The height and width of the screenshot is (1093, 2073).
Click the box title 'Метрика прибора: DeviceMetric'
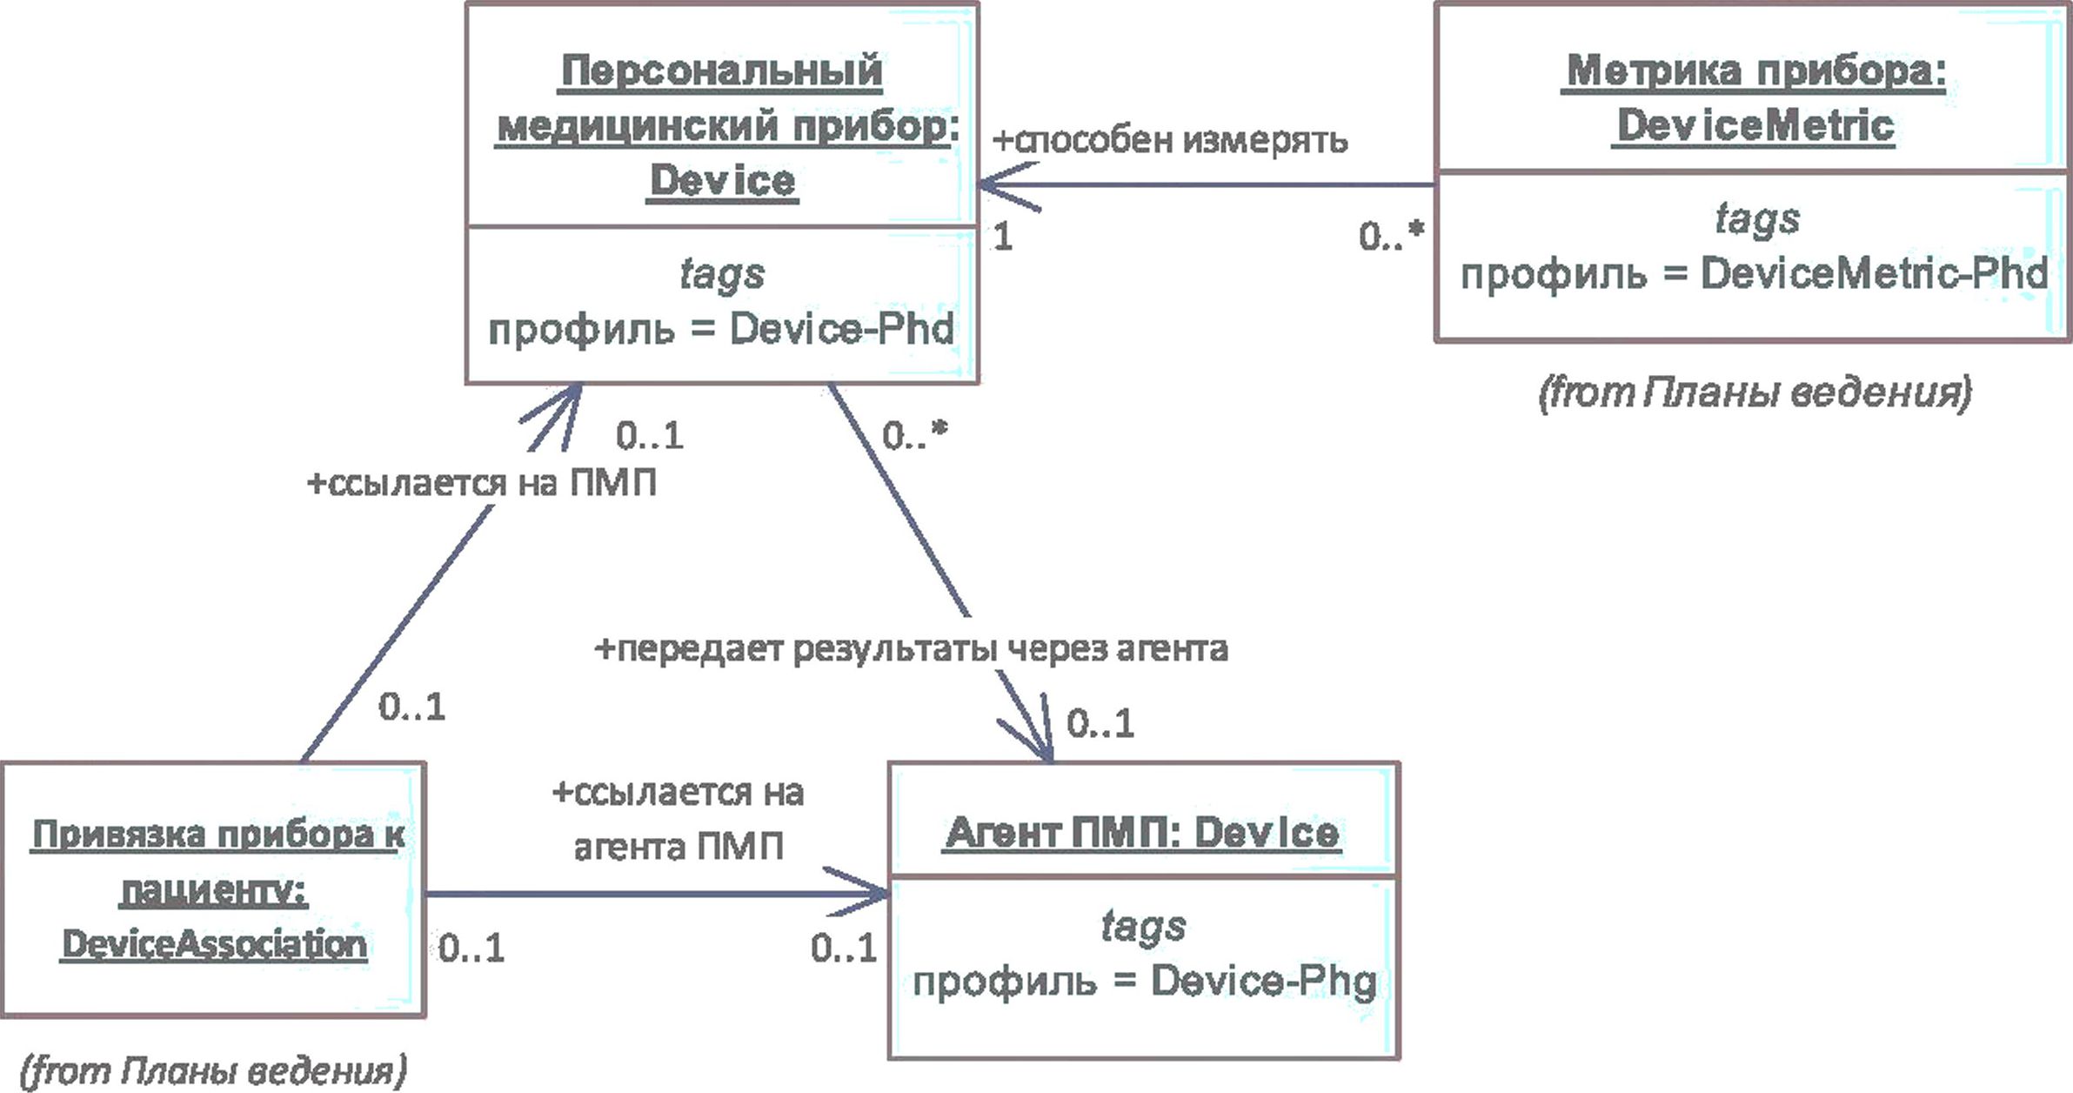(x=1755, y=97)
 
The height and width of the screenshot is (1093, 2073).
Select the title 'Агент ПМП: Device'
(x=1142, y=833)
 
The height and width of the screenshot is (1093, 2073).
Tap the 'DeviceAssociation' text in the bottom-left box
(x=214, y=944)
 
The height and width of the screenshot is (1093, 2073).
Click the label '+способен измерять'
(x=1170, y=140)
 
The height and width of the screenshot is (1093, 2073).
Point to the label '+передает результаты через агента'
(x=911, y=648)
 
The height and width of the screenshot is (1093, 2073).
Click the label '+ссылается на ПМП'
(x=482, y=482)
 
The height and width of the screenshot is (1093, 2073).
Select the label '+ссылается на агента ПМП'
(x=679, y=819)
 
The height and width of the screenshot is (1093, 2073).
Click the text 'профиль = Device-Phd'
(x=721, y=329)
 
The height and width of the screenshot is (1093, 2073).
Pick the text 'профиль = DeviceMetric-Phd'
(x=1754, y=274)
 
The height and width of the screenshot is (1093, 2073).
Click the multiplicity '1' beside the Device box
(x=1002, y=237)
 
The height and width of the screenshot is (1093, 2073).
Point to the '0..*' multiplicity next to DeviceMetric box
(x=1392, y=235)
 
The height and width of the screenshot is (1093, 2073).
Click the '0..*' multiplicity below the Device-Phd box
(x=914, y=435)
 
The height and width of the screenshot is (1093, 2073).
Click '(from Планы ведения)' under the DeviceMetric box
(x=1755, y=392)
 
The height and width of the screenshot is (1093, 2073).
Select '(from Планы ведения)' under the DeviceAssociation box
(x=213, y=1070)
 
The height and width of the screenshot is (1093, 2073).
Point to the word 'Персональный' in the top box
(x=721, y=70)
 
